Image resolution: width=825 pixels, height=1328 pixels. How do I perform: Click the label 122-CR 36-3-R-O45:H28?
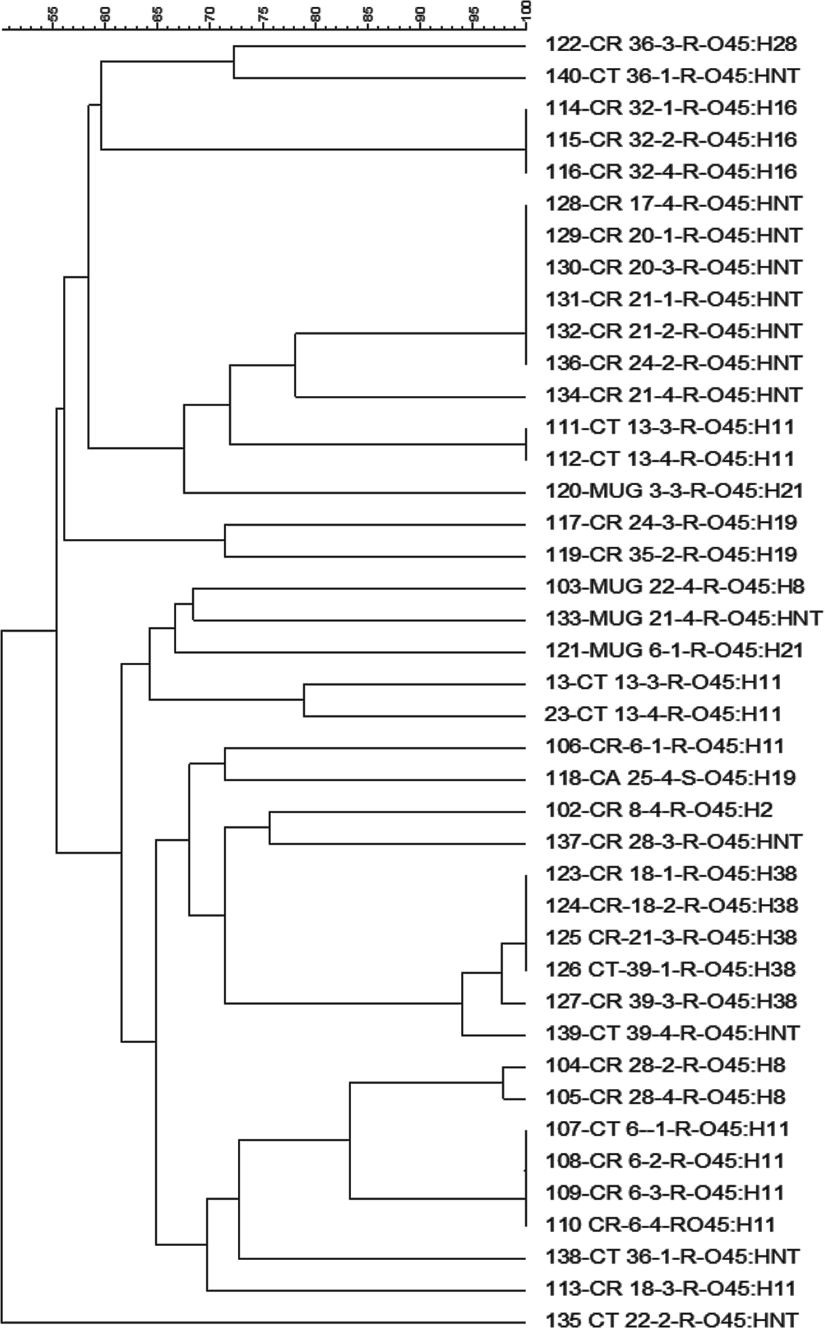click(x=671, y=44)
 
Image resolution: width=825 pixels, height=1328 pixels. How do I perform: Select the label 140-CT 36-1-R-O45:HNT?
click(x=672, y=76)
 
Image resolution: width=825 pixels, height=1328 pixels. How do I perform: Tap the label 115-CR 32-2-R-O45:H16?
click(x=671, y=140)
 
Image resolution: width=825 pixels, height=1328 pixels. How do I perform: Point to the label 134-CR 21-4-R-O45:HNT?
click(x=673, y=395)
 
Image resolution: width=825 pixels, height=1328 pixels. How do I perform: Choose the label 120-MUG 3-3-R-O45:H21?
click(x=674, y=491)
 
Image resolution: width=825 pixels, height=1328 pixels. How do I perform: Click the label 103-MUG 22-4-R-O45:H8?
click(x=675, y=586)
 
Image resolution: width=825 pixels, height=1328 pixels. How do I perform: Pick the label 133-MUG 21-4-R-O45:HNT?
click(x=683, y=618)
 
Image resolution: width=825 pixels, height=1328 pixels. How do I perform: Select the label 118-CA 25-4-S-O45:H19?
click(x=670, y=778)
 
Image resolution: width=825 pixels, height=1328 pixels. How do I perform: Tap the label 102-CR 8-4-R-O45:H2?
click(x=659, y=810)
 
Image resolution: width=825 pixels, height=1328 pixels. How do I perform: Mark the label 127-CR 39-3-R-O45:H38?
click(x=671, y=1001)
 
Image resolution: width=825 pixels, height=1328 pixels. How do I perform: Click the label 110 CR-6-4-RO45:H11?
click(x=660, y=1224)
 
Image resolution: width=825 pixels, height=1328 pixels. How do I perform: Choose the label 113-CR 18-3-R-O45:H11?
click(x=670, y=1288)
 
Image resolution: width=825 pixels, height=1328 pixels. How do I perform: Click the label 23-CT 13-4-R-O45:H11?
click(x=662, y=714)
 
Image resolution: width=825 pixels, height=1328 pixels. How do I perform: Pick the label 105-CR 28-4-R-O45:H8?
click(x=665, y=1097)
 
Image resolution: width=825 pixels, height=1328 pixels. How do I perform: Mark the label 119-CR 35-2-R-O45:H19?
click(x=671, y=555)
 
